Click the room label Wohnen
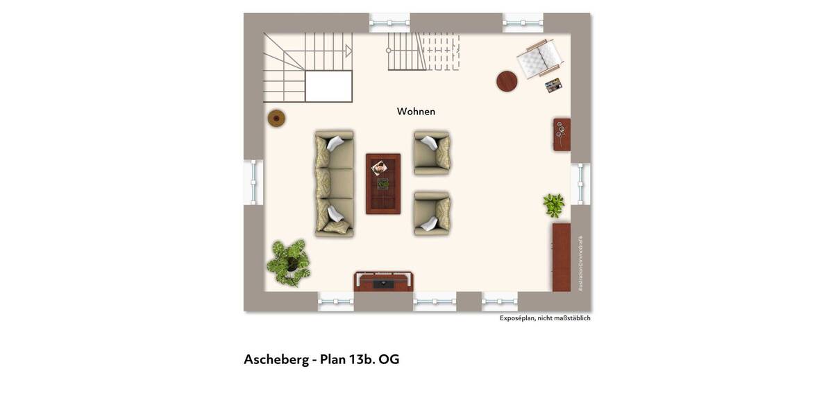click(x=416, y=111)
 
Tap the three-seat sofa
click(x=335, y=183)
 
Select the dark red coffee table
click(x=383, y=184)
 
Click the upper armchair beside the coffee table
click(x=432, y=153)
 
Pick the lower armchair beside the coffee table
click(x=432, y=214)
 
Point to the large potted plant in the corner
click(x=289, y=261)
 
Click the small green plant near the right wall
click(x=553, y=205)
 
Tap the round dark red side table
click(x=507, y=81)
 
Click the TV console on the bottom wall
click(x=384, y=281)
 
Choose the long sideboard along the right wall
click(x=561, y=257)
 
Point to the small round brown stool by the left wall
click(x=276, y=119)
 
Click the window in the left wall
click(x=253, y=182)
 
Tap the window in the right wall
click(x=580, y=184)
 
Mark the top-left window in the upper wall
click(x=389, y=23)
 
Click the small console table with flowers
click(x=562, y=134)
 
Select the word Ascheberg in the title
click(x=276, y=359)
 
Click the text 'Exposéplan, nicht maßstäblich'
click(x=545, y=318)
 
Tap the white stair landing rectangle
click(x=328, y=86)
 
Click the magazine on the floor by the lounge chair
click(x=553, y=85)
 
